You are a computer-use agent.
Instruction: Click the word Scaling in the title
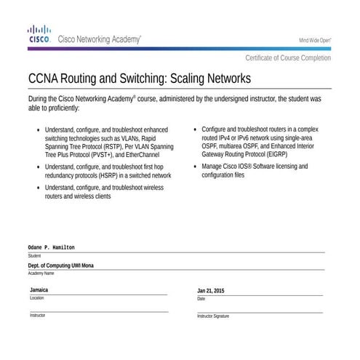click(179, 78)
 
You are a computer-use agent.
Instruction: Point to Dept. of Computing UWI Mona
click(66, 266)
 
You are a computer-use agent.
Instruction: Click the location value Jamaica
click(39, 289)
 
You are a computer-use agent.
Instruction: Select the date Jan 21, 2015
click(211, 291)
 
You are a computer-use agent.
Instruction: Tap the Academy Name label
click(41, 273)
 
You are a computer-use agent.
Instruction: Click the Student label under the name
click(34, 256)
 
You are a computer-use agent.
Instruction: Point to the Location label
click(36, 297)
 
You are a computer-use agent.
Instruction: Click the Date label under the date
click(201, 298)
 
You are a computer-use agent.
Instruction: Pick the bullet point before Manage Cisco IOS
click(195, 166)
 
